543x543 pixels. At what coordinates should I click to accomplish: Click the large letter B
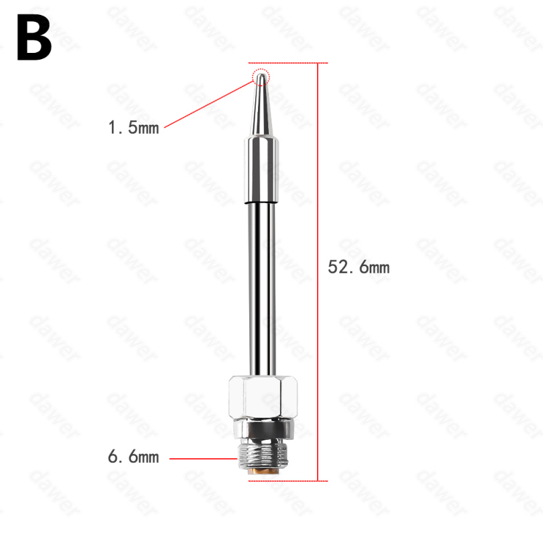pos(35,37)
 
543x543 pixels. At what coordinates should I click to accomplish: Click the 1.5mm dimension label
pos(134,128)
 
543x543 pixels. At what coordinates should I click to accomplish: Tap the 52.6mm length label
pos(359,267)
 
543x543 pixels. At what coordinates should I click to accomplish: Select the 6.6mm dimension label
pos(134,456)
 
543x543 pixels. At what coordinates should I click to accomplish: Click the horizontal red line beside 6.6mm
pos(203,459)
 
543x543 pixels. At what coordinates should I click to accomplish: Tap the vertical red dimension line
pos(318,272)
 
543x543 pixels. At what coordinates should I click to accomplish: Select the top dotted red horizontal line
pos(288,63)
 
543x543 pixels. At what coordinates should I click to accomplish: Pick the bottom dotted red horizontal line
pos(288,481)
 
